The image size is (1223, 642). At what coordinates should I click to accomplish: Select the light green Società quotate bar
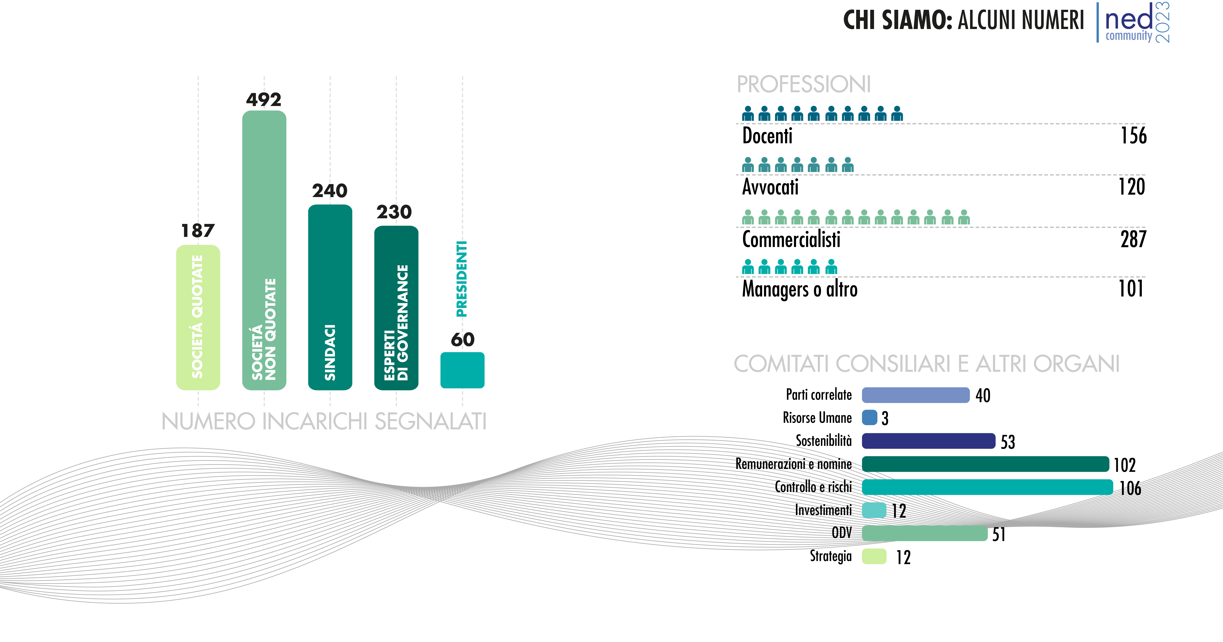point(198,317)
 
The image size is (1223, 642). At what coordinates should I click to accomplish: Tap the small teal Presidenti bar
point(462,370)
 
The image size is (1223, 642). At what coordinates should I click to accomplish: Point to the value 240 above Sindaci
point(330,191)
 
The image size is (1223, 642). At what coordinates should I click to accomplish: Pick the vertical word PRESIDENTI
point(461,278)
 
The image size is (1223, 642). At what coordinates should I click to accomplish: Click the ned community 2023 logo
point(1135,22)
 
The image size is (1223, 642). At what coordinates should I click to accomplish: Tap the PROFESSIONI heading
point(804,84)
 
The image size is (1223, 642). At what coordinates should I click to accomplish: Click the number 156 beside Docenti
point(1134,136)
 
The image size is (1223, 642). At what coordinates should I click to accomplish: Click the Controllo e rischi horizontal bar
point(987,487)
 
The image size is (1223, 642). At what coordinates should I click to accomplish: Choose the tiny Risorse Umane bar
point(869,418)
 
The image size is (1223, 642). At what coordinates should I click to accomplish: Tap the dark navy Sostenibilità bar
point(929,441)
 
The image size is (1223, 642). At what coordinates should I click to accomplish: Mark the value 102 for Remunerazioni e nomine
point(1125,465)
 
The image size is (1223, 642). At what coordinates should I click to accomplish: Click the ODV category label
point(842,533)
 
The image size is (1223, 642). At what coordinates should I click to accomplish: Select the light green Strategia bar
point(874,556)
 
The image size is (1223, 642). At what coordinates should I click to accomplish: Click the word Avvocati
point(771,187)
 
